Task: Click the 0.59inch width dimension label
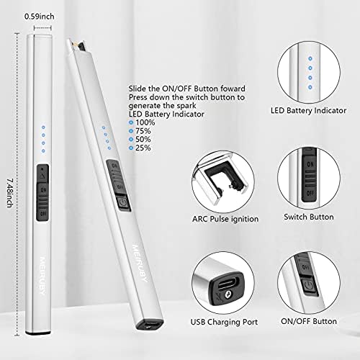click(40, 17)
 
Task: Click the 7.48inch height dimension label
click(9, 193)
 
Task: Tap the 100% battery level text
click(145, 122)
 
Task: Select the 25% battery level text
click(143, 148)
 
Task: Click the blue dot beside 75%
click(131, 131)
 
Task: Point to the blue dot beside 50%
click(131, 140)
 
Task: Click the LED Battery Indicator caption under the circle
click(308, 111)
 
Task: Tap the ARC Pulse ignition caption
click(225, 219)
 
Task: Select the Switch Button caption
click(309, 217)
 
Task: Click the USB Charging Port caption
click(224, 322)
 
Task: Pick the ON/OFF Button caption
click(309, 321)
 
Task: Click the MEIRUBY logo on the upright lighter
click(42, 276)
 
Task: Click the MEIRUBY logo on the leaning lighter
click(140, 264)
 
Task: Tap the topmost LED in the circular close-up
click(310, 58)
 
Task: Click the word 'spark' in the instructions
click(186, 106)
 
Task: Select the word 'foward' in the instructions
click(233, 89)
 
